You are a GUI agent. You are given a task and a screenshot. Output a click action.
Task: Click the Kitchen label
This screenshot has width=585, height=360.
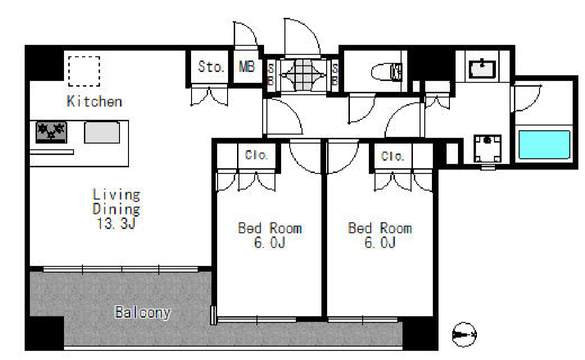[94, 101]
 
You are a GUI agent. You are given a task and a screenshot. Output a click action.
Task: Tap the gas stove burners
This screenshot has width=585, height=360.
[51, 132]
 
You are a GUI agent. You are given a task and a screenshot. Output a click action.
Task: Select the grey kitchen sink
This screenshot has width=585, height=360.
[102, 132]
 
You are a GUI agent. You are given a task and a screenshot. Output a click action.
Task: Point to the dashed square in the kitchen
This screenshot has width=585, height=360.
[84, 71]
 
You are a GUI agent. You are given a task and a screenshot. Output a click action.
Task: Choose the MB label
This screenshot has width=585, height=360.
[247, 66]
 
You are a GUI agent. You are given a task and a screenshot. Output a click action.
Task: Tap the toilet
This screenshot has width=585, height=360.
[386, 72]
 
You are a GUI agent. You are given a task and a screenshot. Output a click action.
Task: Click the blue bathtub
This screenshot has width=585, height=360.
[544, 145]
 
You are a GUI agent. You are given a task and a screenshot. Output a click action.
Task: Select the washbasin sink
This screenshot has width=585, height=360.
[482, 69]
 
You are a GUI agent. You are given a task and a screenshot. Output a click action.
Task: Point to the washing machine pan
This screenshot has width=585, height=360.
[488, 148]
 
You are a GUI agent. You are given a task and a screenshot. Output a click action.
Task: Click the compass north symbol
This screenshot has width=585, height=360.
[464, 335]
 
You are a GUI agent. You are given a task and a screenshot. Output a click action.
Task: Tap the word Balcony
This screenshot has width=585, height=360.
[143, 313]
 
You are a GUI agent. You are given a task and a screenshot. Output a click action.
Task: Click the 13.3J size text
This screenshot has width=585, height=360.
[116, 223]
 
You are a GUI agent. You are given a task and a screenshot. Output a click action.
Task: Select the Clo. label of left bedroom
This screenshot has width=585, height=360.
[256, 155]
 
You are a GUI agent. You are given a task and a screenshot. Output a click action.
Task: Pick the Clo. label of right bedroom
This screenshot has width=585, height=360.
[393, 156]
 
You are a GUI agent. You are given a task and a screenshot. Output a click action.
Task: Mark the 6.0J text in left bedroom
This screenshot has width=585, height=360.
[270, 243]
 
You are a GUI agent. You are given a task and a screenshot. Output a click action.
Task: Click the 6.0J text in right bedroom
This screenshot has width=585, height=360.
[380, 243]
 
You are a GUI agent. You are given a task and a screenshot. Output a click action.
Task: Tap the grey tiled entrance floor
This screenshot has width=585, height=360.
[303, 75]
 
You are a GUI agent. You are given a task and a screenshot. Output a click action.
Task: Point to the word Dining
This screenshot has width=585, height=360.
[117, 209]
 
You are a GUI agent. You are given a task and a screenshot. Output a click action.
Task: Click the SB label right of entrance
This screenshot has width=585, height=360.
[335, 75]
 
